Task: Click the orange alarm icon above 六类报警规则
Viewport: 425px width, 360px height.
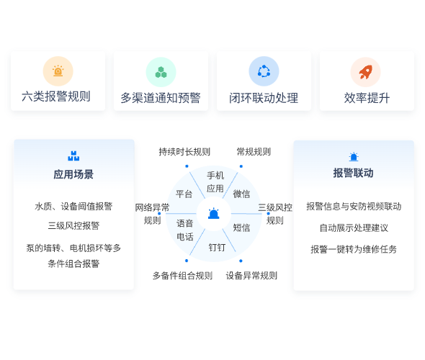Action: tap(58, 71)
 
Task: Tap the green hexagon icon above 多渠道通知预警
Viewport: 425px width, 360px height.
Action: tap(161, 72)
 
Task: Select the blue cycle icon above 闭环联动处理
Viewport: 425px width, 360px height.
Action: tap(264, 71)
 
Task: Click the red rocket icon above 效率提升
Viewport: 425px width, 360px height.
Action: tap(366, 72)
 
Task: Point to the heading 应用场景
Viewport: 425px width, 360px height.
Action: tap(73, 174)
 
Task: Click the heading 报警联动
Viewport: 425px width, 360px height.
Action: tap(354, 173)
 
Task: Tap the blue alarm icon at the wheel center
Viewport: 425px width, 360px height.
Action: tap(214, 213)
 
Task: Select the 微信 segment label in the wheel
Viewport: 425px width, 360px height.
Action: tap(241, 194)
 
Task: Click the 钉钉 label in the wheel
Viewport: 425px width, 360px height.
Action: tap(217, 247)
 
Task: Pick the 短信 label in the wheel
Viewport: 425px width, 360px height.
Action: tap(241, 228)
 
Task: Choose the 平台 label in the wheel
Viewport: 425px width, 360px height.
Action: tap(184, 194)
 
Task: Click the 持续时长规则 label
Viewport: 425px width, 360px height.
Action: tap(184, 152)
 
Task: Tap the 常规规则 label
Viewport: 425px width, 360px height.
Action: tap(254, 152)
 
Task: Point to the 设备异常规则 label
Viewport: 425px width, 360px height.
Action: tap(251, 276)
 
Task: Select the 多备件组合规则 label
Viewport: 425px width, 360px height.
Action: tap(182, 276)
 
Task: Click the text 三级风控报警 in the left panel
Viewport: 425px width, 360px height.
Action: tap(73, 225)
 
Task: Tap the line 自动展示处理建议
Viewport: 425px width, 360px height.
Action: tap(354, 228)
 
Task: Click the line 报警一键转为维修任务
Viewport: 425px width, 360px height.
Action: tap(354, 249)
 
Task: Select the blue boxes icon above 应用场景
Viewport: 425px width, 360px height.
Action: tap(73, 156)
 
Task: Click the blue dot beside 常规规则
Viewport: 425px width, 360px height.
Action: tap(241, 166)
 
